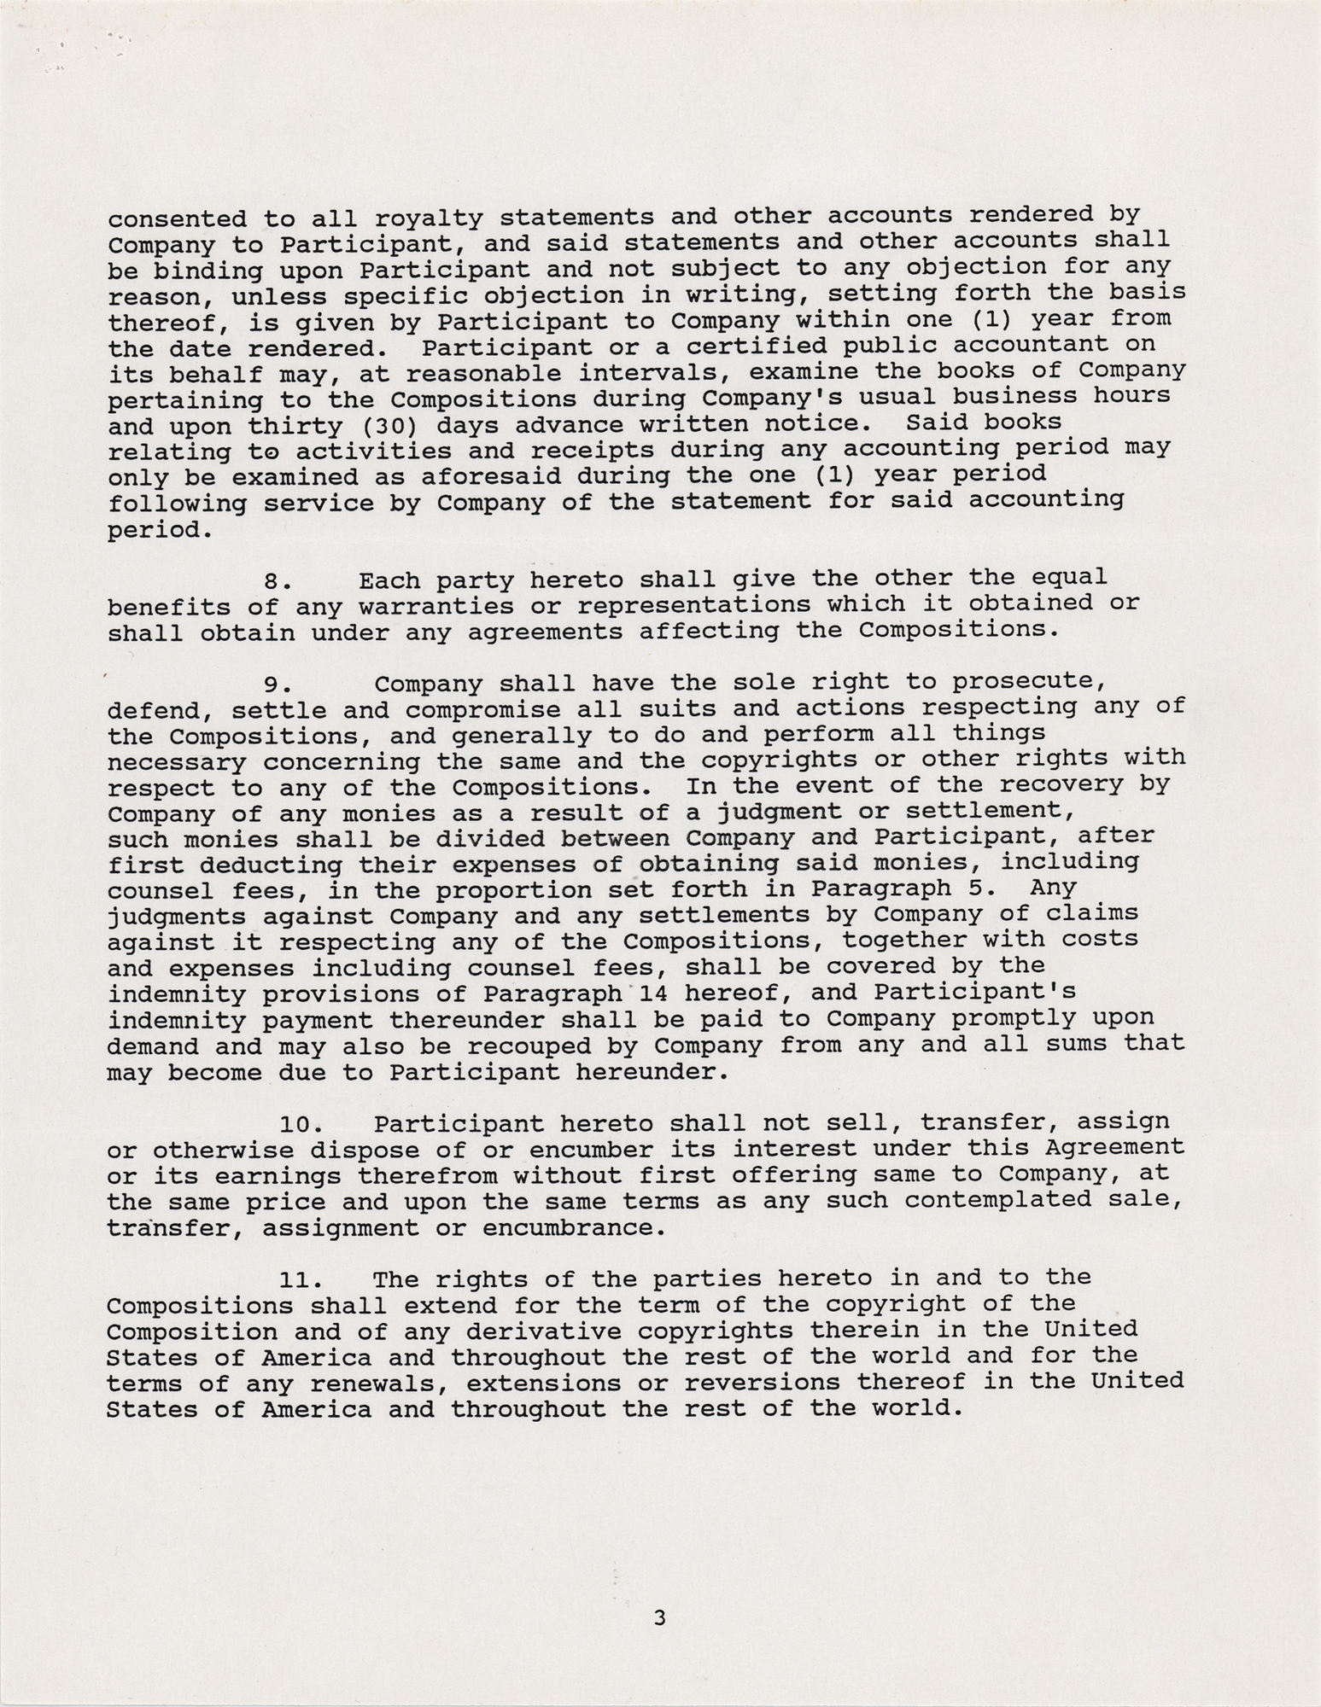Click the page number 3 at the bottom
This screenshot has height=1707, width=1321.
pyautogui.click(x=658, y=1617)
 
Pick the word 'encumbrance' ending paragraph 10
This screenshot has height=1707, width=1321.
pyautogui.click(x=571, y=1228)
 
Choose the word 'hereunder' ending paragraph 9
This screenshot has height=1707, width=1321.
pyautogui.click(x=651, y=1072)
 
